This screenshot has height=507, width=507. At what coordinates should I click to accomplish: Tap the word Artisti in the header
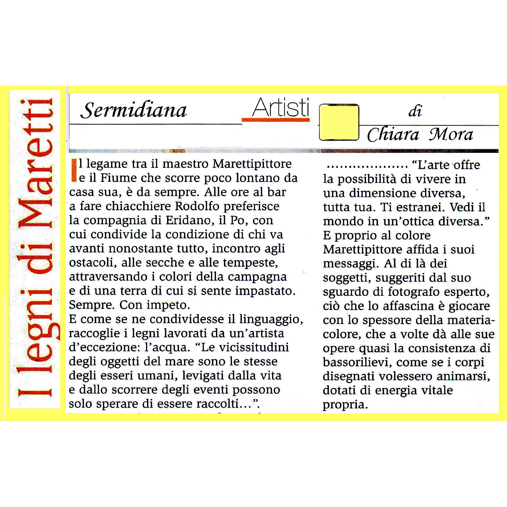pyautogui.click(x=280, y=107)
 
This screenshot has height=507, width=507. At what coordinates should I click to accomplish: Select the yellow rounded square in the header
pyautogui.click(x=339, y=122)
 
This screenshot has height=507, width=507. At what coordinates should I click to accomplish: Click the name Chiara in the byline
pyautogui.click(x=393, y=135)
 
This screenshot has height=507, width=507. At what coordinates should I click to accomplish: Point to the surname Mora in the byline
pyautogui.click(x=451, y=135)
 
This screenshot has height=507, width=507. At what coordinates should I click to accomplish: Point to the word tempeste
pyautogui.click(x=253, y=263)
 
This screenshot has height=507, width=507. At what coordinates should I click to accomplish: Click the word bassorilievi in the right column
pyautogui.click(x=357, y=363)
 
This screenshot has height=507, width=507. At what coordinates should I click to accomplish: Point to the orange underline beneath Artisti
pyautogui.click(x=276, y=120)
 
